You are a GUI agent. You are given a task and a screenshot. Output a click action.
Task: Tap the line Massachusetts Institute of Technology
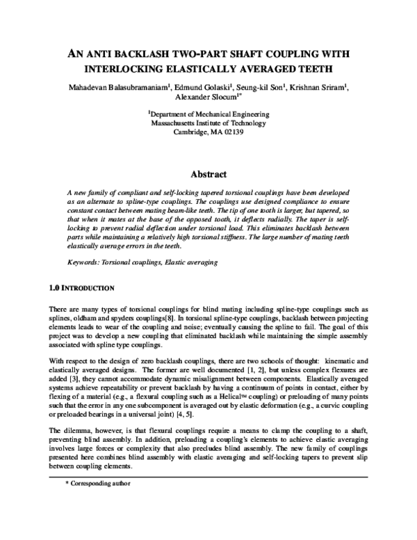coord(209,121)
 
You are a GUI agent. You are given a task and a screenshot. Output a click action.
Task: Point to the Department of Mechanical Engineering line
coord(209,112)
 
